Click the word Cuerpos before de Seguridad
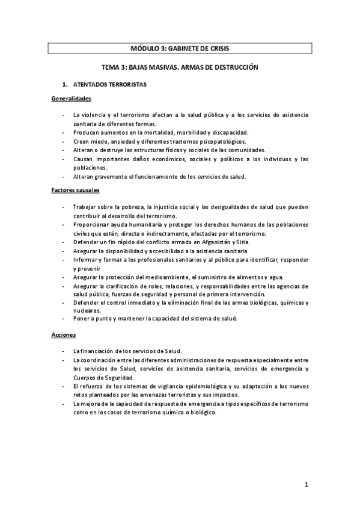click(x=87, y=376)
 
